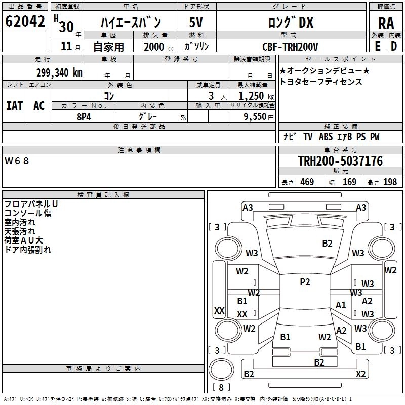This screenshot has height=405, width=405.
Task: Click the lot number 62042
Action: click(25, 21)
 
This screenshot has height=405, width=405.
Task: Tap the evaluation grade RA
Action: click(386, 23)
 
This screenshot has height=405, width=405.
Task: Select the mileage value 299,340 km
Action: click(59, 73)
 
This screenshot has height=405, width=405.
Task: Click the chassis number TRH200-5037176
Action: click(340, 160)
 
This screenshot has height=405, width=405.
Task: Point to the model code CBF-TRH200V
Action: click(290, 47)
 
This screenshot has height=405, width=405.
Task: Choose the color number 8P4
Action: click(84, 117)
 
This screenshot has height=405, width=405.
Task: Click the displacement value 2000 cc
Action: click(159, 47)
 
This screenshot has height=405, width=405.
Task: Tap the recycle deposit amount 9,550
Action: click(255, 117)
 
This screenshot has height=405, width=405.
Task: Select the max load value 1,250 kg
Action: click(256, 96)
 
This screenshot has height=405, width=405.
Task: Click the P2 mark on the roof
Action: click(305, 281)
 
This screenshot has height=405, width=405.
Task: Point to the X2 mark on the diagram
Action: click(360, 374)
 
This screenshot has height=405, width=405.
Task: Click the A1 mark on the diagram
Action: click(340, 305)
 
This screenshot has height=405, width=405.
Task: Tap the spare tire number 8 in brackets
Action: click(221, 387)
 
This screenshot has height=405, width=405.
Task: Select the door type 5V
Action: click(196, 22)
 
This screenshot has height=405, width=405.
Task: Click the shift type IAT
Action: click(15, 106)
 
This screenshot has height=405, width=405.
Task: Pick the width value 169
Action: click(349, 182)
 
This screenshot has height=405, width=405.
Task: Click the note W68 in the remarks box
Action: click(17, 161)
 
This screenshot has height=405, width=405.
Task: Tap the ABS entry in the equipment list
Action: click(326, 137)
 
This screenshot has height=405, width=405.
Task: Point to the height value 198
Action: click(390, 182)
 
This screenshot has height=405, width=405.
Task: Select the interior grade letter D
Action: click(394, 46)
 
